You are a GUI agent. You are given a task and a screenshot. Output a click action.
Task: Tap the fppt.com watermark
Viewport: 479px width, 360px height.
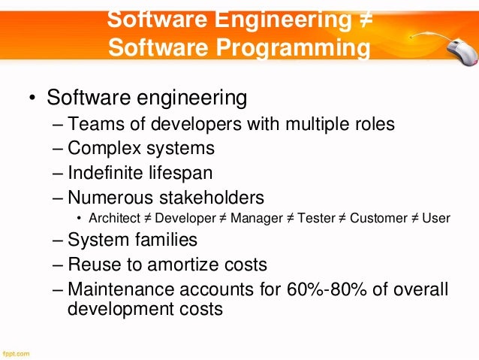click(x=16, y=352)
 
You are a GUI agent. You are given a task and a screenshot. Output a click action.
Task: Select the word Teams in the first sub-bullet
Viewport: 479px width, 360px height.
click(x=92, y=124)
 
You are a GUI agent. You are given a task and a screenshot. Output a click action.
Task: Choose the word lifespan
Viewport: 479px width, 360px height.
click(x=183, y=173)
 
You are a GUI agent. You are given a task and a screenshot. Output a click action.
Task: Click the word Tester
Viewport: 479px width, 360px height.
click(x=315, y=218)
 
